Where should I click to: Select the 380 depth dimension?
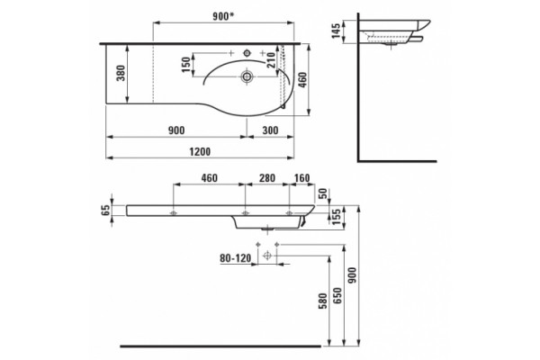click(121, 73)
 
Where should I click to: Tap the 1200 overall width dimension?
click(200, 151)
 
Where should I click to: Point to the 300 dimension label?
click(270, 130)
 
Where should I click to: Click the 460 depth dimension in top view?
click(302, 79)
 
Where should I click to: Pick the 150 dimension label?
click(186, 65)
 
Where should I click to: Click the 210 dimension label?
click(272, 60)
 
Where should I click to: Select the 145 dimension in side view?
click(336, 31)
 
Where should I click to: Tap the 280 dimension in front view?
click(267, 178)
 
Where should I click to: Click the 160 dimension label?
click(302, 178)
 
